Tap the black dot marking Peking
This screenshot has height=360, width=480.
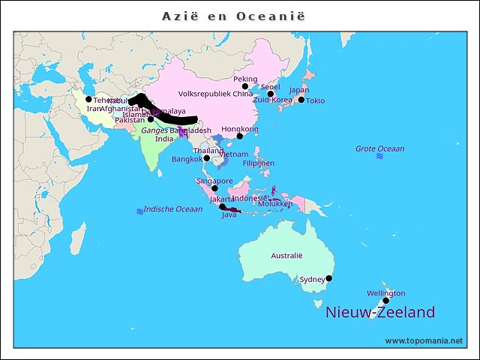coord(245,87)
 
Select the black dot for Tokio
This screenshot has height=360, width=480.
coord(301,100)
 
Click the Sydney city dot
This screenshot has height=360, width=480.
coord(328,278)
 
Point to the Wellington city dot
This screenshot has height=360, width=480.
coord(386,301)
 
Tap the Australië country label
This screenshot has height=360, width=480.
coord(286,256)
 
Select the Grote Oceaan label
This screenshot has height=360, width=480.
coord(379,148)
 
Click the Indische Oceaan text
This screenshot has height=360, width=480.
coord(173,209)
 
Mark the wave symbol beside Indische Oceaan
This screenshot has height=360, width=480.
coord(139,211)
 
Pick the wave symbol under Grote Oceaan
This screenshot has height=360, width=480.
coord(379,157)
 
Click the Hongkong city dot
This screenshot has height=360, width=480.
coord(240,136)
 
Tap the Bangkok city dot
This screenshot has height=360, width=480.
coord(207,159)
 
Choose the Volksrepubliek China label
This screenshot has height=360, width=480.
coord(216,94)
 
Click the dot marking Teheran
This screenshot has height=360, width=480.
coord(88,99)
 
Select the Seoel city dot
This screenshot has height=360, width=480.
coord(271,94)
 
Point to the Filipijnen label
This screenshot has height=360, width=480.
coord(258,163)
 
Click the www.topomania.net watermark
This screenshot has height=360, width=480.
coord(424,340)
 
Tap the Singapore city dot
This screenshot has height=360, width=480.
coord(214,188)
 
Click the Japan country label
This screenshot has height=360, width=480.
coord(298,90)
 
